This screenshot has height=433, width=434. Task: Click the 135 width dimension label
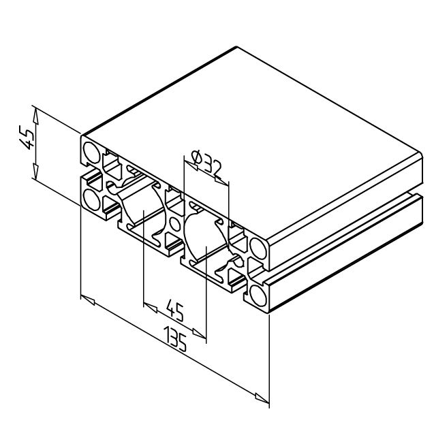pyautogui.click(x=175, y=339)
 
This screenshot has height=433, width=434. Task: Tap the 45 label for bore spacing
pyautogui.click(x=174, y=312)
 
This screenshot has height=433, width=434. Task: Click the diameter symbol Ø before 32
pyautogui.click(x=197, y=157)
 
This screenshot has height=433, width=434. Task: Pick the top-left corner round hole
pyautogui.click(x=92, y=153)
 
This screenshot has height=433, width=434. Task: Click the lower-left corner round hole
pyautogui.click(x=92, y=199)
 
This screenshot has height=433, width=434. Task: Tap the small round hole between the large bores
pyautogui.click(x=174, y=224)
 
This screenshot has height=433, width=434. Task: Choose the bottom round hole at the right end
pyautogui.click(x=258, y=295)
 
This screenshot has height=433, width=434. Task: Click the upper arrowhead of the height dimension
pyautogui.click(x=35, y=116)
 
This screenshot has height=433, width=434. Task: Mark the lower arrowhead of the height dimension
pyautogui.click(x=35, y=171)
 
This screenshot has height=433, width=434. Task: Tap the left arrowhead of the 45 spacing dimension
pyautogui.click(x=151, y=308)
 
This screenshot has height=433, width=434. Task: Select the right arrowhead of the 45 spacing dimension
pyautogui.click(x=199, y=333)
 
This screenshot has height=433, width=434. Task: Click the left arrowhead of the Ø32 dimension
pyautogui.click(x=191, y=165)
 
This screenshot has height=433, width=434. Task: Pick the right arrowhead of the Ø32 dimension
pyautogui.click(x=222, y=181)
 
